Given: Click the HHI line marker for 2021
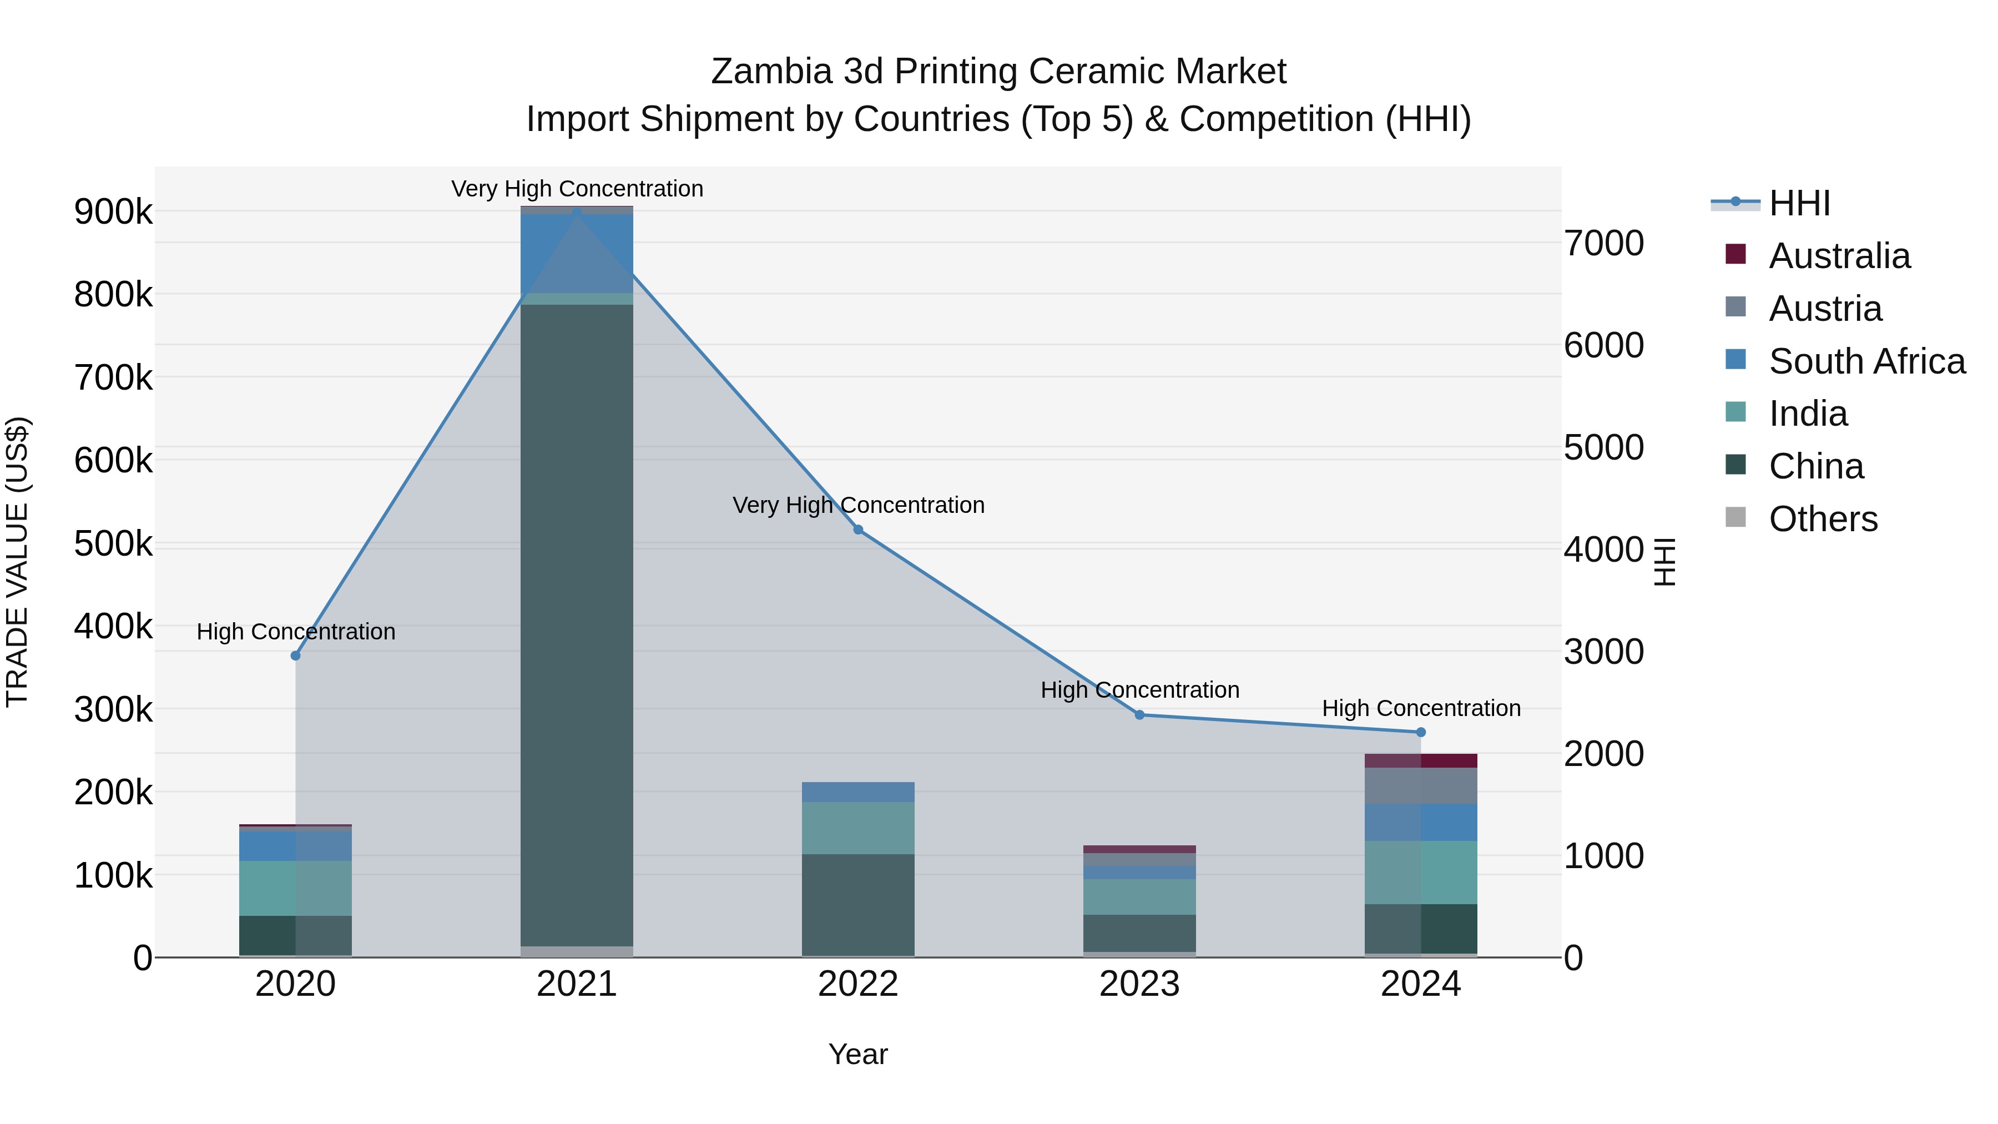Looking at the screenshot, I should [x=576, y=211].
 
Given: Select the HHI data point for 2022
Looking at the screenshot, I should [x=858, y=530].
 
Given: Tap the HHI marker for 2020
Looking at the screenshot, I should [x=295, y=656].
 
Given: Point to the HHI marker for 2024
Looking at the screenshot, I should [x=1421, y=732].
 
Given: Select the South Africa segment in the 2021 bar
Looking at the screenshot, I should [x=576, y=254].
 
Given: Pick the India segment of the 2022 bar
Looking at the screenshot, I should [x=858, y=829].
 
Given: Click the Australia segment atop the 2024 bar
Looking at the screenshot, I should [x=1421, y=761].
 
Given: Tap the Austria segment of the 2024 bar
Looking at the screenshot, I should [x=1421, y=786].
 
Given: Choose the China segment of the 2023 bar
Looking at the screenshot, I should [x=1139, y=933].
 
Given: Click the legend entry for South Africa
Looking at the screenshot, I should [x=1866, y=361].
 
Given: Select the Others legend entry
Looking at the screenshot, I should [x=1823, y=519].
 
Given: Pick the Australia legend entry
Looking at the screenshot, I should [x=1839, y=256].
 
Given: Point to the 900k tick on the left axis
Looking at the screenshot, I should [x=113, y=212].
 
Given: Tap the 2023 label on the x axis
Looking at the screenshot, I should [x=1139, y=984].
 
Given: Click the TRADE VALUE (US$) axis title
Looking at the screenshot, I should [x=18, y=562].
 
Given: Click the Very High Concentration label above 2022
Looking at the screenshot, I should [x=859, y=505].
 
